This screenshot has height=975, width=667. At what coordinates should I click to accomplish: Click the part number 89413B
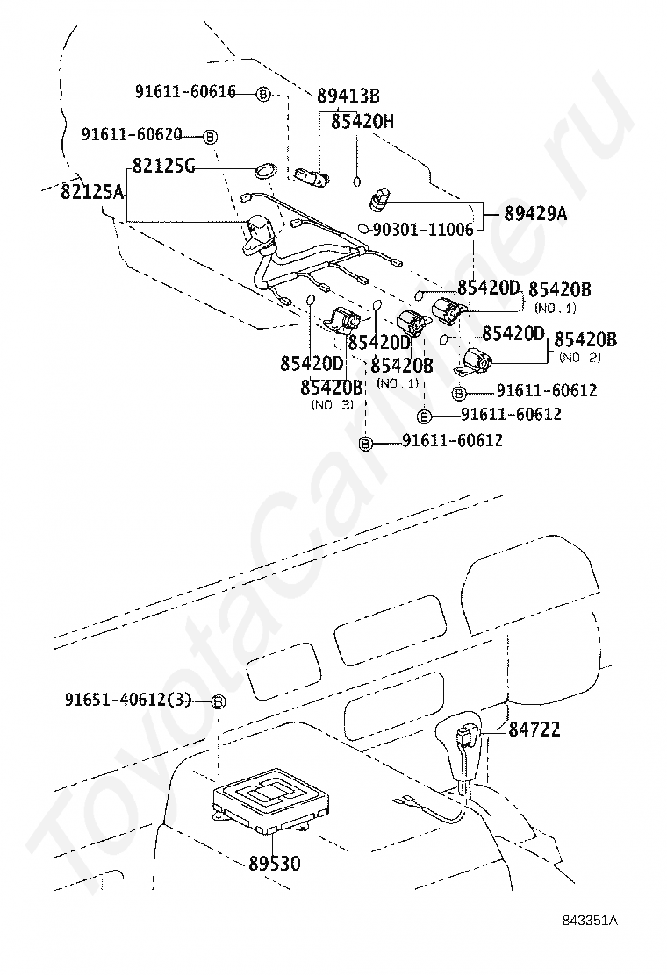348,96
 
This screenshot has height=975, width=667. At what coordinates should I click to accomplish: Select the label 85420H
362,121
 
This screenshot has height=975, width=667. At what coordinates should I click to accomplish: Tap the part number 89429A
535,214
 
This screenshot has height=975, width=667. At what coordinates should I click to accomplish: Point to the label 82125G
163,166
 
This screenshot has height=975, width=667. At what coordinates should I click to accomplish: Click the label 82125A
92,191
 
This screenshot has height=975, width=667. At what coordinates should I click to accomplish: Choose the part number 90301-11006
423,230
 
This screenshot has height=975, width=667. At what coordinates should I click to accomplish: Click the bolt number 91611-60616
185,92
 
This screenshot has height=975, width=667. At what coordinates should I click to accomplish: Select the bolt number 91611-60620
132,133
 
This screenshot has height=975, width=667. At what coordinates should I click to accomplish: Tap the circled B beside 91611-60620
211,136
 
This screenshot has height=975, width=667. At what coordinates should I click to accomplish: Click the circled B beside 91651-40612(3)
218,701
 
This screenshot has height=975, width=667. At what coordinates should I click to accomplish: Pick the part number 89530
275,863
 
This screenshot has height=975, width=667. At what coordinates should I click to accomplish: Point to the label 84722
534,729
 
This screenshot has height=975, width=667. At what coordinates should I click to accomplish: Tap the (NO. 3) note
333,404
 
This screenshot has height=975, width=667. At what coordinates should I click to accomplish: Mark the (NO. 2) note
580,358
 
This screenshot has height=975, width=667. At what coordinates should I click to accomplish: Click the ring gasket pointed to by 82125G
266,171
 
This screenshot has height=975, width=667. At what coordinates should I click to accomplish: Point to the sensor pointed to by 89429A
379,199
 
